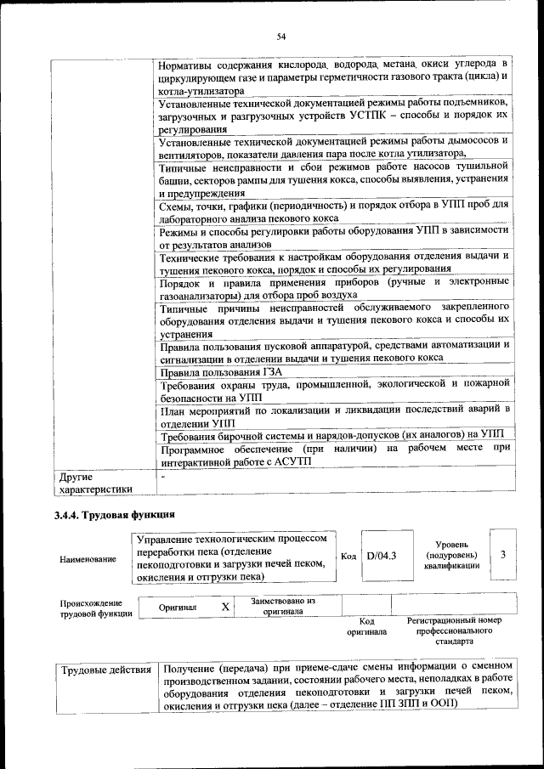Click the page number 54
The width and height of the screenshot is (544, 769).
pyautogui.click(x=280, y=36)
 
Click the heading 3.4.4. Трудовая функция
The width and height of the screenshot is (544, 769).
pyautogui.click(x=114, y=515)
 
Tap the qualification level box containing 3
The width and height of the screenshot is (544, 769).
pyautogui.click(x=503, y=556)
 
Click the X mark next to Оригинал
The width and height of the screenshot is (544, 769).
pyautogui.click(x=225, y=607)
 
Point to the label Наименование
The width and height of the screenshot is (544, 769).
pyautogui.click(x=88, y=559)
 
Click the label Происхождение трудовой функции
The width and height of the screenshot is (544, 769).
pyautogui.click(x=96, y=607)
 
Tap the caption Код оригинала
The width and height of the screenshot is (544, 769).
pyautogui.click(x=367, y=626)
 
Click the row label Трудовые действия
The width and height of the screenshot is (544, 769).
pyautogui.click(x=106, y=670)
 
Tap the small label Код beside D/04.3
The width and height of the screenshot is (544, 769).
pyautogui.click(x=348, y=556)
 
